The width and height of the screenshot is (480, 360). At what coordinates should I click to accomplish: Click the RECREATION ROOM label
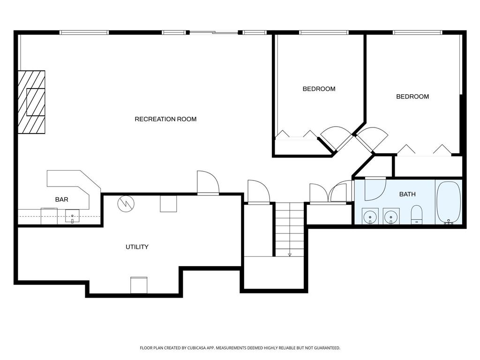click(165, 119)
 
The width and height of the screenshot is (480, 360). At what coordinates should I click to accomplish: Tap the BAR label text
click(61, 200)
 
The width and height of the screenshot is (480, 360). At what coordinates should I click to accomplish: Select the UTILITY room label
click(137, 247)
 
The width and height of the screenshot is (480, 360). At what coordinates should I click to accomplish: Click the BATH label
click(407, 194)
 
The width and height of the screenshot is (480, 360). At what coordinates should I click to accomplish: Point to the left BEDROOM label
click(319, 89)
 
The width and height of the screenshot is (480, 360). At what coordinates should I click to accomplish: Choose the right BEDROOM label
click(412, 97)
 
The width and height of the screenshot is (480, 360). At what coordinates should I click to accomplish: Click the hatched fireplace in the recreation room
click(32, 102)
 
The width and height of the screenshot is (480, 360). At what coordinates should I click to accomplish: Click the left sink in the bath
click(371, 217)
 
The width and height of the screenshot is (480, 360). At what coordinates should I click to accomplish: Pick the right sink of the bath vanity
click(391, 217)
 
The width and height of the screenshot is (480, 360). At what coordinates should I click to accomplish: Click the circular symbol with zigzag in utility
click(126, 203)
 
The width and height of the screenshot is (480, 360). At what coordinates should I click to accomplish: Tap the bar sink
click(72, 216)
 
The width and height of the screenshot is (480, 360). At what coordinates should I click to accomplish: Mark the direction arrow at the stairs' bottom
click(290, 254)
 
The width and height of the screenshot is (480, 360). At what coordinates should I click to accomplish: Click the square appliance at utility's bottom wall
click(139, 285)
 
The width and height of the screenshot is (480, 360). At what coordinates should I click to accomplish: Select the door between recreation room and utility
click(208, 183)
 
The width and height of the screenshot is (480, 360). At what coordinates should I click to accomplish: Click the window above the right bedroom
click(417, 32)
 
